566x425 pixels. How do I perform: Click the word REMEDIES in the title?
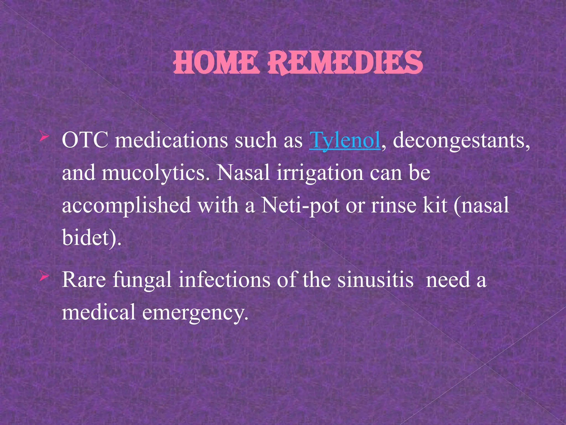click(345, 63)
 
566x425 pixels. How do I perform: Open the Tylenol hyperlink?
click(345, 141)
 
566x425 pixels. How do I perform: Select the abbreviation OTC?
click(85, 141)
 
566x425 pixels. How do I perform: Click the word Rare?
click(84, 280)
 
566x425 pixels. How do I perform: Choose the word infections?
click(224, 280)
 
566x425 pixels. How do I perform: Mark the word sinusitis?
click(375, 280)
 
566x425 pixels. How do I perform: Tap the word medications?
click(171, 141)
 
